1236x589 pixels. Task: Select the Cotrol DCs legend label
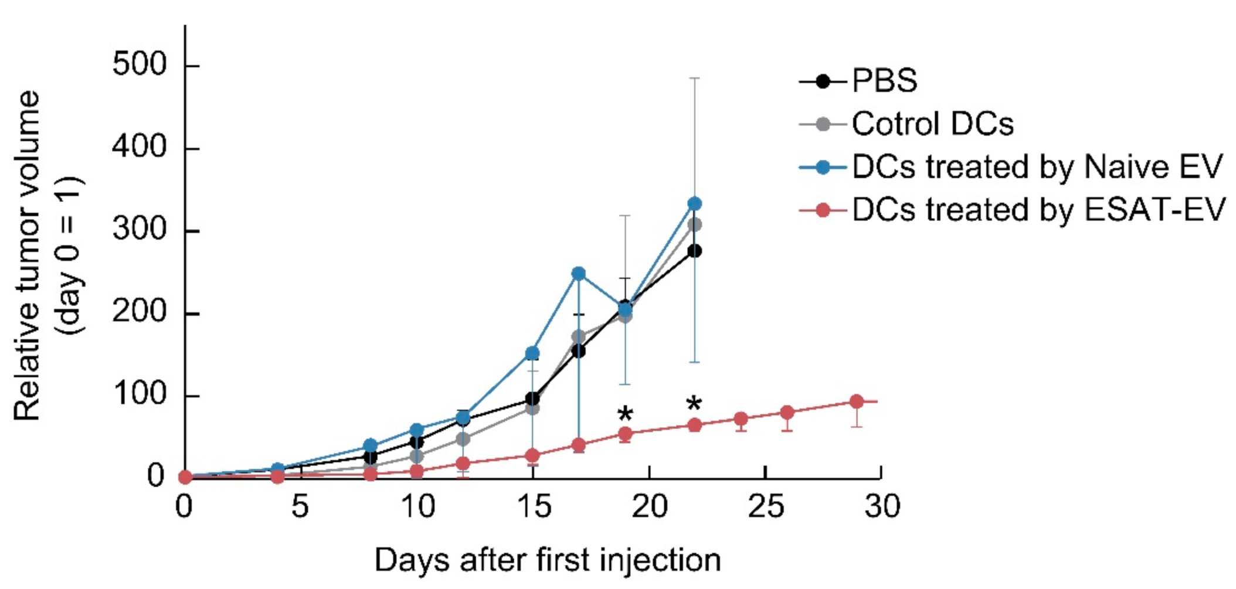(x=932, y=124)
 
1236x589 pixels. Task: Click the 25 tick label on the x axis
(x=765, y=506)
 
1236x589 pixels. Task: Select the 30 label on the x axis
(x=881, y=506)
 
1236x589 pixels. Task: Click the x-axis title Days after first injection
(x=547, y=560)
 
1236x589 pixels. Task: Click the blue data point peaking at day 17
(x=579, y=273)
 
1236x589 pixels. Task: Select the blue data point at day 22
(x=694, y=203)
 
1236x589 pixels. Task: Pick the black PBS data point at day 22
(x=694, y=251)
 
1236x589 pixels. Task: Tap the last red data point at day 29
(x=857, y=401)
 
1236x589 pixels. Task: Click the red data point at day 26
(x=787, y=413)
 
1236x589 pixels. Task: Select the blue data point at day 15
(x=532, y=353)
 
